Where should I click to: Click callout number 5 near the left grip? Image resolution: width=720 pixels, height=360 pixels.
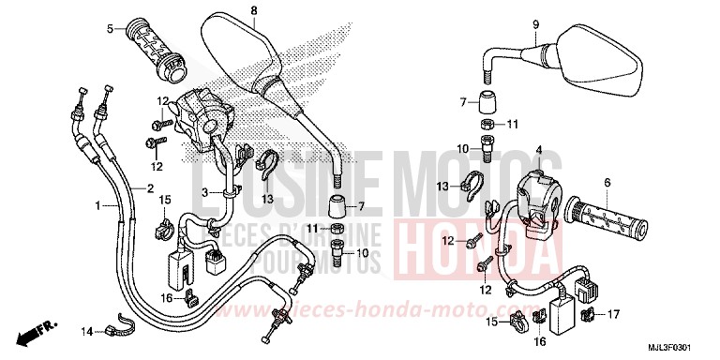coord(110,29)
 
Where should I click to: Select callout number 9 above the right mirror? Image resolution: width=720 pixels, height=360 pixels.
coord(536,23)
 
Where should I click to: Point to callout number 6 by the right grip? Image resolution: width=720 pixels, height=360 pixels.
coord(607,182)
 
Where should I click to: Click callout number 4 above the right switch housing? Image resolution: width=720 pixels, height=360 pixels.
coord(539,149)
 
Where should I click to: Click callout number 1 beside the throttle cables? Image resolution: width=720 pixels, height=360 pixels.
coord(98,204)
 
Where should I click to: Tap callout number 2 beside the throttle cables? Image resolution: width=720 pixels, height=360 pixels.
coord(150,187)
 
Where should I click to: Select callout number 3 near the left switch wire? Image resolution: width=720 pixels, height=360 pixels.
coord(204,193)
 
